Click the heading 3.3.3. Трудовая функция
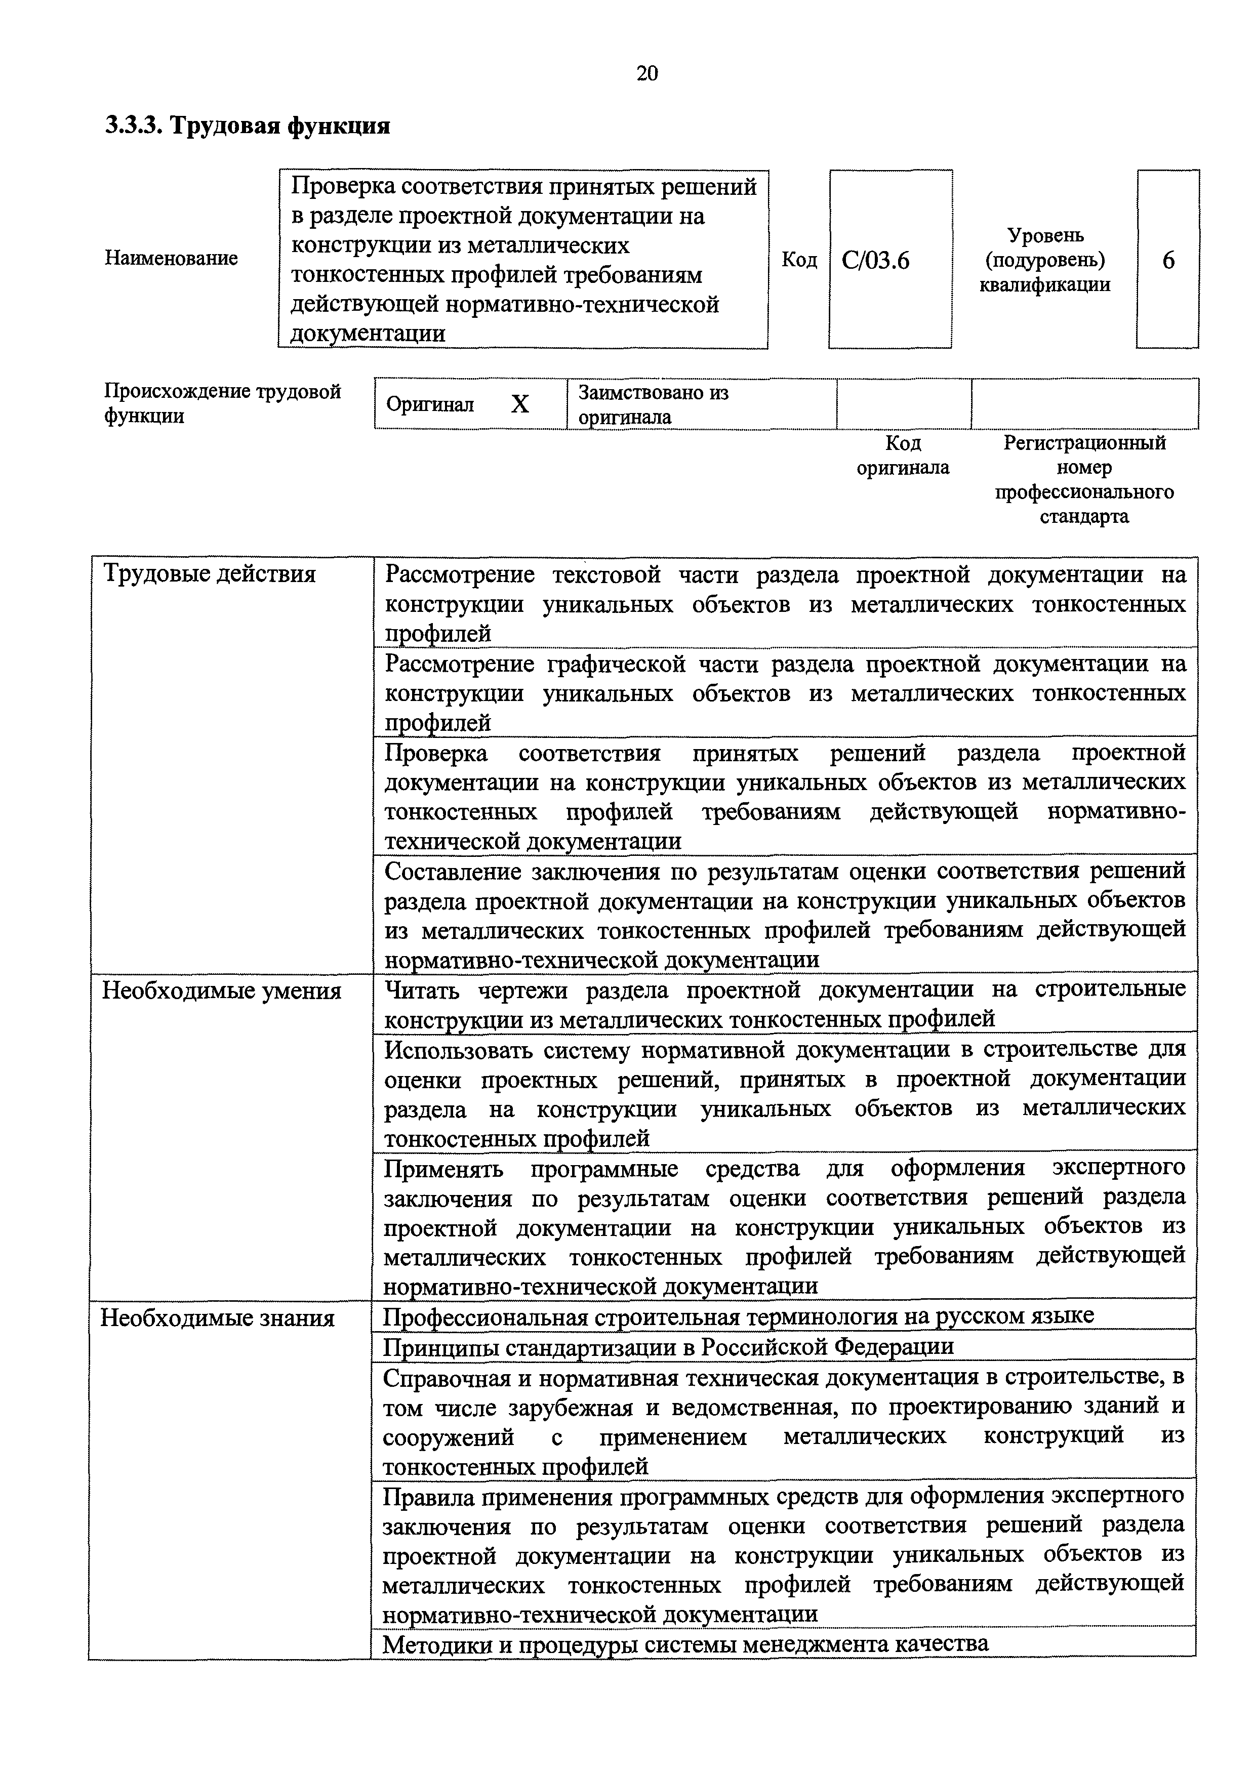[248, 125]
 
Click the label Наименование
[171, 258]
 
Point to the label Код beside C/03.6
[799, 260]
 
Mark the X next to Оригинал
[520, 404]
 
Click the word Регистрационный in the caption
[1084, 443]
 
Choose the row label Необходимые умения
[221, 990]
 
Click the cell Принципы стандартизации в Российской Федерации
[669, 1347]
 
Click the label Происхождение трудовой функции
[222, 403]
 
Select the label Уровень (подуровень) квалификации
[1045, 260]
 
